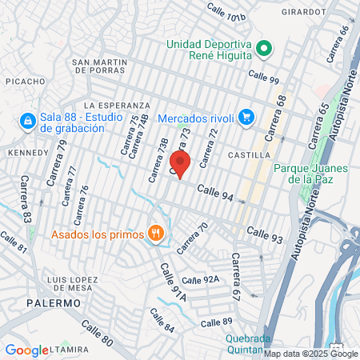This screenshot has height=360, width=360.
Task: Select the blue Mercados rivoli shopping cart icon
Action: click(x=246, y=118)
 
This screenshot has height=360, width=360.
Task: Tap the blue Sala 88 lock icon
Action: click(x=27, y=121)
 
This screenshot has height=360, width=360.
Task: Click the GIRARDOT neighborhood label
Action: click(x=304, y=12)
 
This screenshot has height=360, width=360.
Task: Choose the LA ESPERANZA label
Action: click(x=117, y=105)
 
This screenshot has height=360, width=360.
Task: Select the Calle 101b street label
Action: click(x=226, y=12)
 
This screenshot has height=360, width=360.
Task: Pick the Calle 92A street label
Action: click(x=200, y=280)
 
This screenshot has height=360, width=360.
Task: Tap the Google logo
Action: click(x=26, y=350)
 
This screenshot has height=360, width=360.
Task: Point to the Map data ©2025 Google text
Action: click(x=311, y=354)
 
